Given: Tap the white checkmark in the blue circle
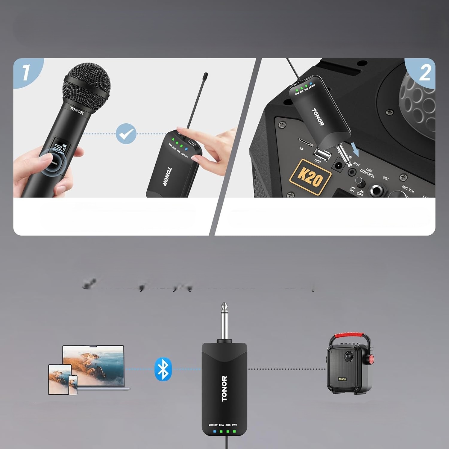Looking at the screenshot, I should (x=126, y=134).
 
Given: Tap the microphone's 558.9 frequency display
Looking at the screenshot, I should (x=62, y=147).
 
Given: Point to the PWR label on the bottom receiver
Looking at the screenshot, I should (x=234, y=425).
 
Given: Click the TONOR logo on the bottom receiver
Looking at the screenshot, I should (x=224, y=389).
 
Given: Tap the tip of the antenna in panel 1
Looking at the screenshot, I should (x=205, y=74).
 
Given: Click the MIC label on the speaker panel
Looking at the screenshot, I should (x=385, y=178).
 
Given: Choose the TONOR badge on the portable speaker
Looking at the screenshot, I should (x=342, y=379).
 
